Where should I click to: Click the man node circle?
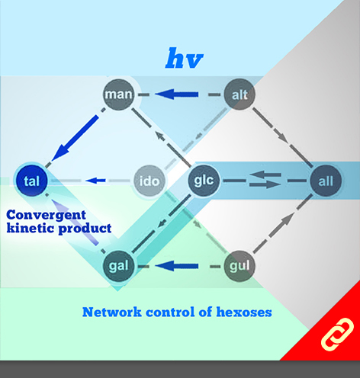tap(118, 94)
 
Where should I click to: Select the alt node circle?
tap(239, 94)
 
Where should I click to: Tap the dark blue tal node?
tap(32, 181)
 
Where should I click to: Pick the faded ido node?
tap(149, 181)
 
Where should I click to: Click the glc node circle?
tap(204, 181)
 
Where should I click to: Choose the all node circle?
tap(326, 181)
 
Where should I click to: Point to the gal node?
tap(118, 266)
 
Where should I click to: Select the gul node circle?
tap(239, 266)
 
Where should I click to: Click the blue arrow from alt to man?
tap(176, 94)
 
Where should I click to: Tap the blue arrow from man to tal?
tap(76, 138)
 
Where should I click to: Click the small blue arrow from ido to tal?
tap(95, 181)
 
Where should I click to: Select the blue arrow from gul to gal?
tap(176, 266)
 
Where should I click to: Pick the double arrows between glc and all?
tap(265, 180)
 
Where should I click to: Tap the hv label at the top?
tap(184, 58)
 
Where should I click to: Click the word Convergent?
tap(46, 216)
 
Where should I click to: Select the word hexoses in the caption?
tap(244, 312)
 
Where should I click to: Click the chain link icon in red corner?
tap(337, 335)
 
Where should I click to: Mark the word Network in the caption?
tap(112, 312)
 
